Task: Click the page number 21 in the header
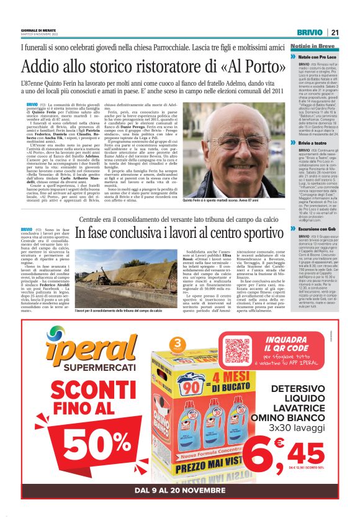[335, 32]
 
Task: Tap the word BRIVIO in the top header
[309, 32]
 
